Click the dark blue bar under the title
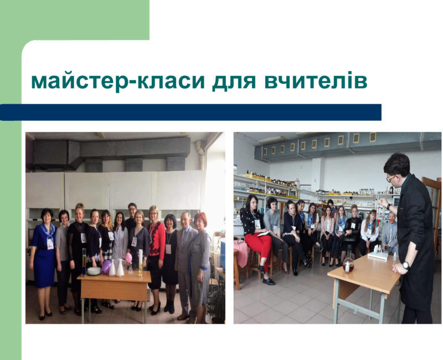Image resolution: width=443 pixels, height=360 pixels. pos(190,112)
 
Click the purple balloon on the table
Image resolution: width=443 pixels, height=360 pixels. pos(106,267)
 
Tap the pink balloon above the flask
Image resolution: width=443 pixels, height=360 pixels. pos(128,258)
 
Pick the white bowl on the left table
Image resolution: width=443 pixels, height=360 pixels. pos(94,271)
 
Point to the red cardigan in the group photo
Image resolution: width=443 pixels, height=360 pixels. pos(156,240)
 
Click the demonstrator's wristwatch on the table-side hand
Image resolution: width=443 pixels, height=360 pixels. pos(406,265)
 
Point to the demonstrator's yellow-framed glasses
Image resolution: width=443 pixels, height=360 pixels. pos(391,178)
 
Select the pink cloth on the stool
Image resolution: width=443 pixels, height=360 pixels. pos(241,254)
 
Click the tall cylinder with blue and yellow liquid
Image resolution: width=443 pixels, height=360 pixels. pos(84,262)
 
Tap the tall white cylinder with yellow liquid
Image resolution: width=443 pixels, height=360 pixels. pos(141,263)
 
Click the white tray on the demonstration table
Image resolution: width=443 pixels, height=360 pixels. pos(378,255)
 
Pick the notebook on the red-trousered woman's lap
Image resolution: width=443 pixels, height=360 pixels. pos(264,233)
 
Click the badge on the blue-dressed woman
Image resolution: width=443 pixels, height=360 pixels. pos(50,244)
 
